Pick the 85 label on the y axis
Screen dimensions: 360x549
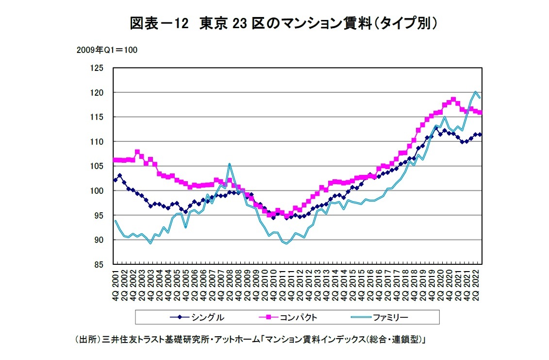(100, 264)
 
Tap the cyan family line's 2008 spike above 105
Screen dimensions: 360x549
(229, 164)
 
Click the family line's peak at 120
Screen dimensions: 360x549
(475, 92)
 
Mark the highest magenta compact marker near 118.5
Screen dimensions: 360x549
(453, 100)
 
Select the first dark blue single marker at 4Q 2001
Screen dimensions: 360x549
(116, 180)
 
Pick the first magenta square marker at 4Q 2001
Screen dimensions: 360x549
(116, 160)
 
